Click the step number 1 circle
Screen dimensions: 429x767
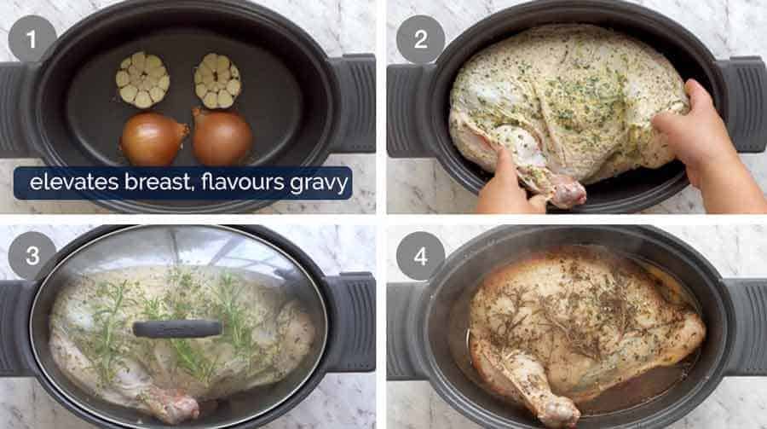tap(32, 39)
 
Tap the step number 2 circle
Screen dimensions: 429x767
tap(420, 39)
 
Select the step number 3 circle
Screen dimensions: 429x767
tap(32, 256)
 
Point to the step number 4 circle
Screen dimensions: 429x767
tap(420, 256)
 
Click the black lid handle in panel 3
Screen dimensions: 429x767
tap(176, 328)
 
